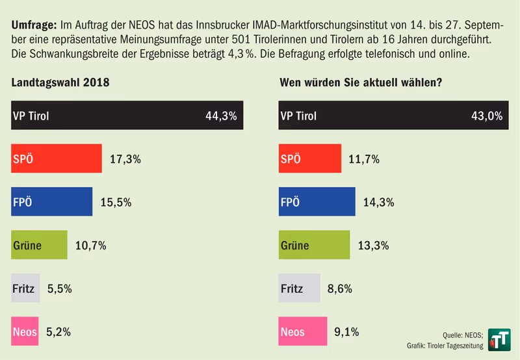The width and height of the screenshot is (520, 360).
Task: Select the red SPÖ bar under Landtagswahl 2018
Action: point(57,159)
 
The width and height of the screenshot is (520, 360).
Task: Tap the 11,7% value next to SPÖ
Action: point(365,159)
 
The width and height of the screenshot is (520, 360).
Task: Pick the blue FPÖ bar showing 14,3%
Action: point(317,201)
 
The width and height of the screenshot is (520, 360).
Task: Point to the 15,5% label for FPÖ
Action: point(116,202)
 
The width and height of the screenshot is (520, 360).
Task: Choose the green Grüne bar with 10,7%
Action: point(40,245)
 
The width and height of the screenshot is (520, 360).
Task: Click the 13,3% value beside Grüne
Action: point(374,245)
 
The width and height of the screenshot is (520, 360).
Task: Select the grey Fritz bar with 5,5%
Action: point(26,288)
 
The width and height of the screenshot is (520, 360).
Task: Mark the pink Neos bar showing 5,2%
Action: point(25,331)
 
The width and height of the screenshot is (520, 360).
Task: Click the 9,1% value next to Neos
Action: point(346,332)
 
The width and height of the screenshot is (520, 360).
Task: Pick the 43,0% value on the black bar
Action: point(486,116)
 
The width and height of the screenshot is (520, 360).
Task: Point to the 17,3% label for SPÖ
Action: point(125,159)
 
